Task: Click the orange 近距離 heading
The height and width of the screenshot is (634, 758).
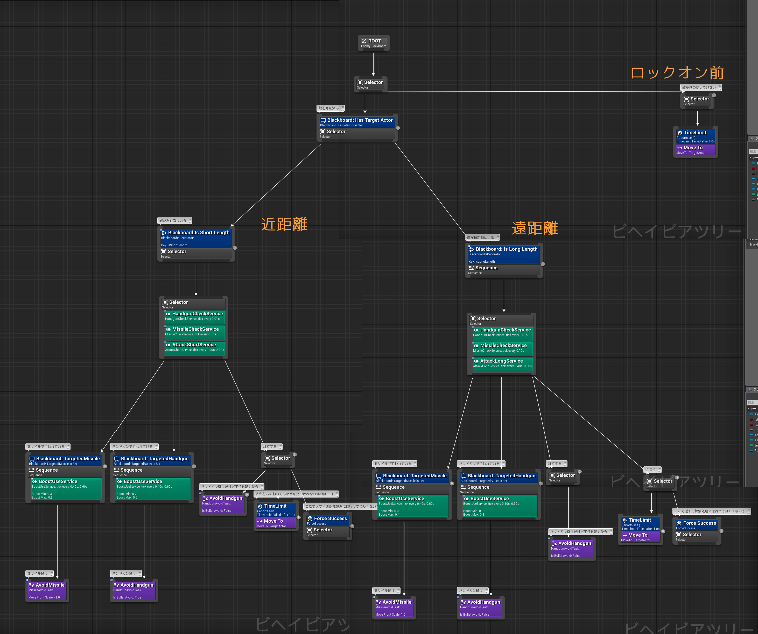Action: tap(284, 224)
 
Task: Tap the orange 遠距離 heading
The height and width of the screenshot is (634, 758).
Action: tap(535, 228)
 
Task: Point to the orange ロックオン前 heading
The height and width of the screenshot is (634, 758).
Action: tap(677, 73)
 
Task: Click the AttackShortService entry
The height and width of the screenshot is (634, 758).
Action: tap(194, 347)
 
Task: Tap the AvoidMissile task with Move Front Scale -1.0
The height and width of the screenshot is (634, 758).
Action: tap(47, 590)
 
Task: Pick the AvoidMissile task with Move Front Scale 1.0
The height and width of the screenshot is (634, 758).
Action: tap(394, 608)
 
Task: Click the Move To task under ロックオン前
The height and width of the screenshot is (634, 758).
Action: tap(695, 149)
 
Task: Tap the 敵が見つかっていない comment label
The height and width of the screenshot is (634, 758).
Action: tap(699, 87)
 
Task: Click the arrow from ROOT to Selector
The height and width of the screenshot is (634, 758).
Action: tap(373, 63)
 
